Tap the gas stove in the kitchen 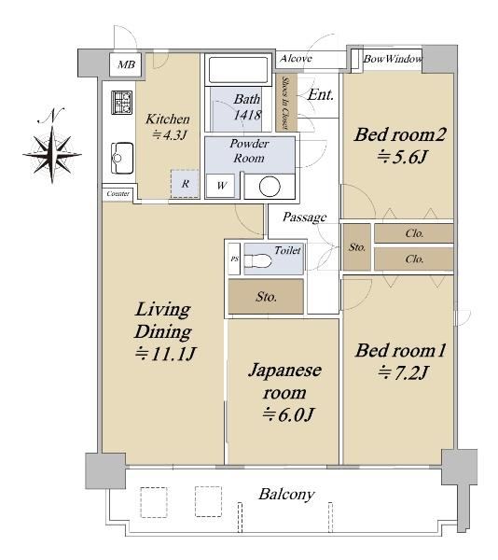(x=121, y=103)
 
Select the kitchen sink (x=122, y=159)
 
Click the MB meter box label (x=126, y=64)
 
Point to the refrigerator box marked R (x=185, y=184)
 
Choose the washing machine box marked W (x=221, y=186)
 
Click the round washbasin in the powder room (x=270, y=187)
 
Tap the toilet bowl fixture (x=257, y=261)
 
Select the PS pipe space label (x=234, y=259)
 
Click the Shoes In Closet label (x=285, y=103)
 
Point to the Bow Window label (x=393, y=59)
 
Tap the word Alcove (x=296, y=58)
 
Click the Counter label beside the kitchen (x=118, y=194)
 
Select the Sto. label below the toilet (x=266, y=297)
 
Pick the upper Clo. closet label (x=414, y=233)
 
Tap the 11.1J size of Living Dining (x=165, y=355)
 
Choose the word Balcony (x=287, y=495)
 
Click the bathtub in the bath (x=239, y=70)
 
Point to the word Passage (x=305, y=217)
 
